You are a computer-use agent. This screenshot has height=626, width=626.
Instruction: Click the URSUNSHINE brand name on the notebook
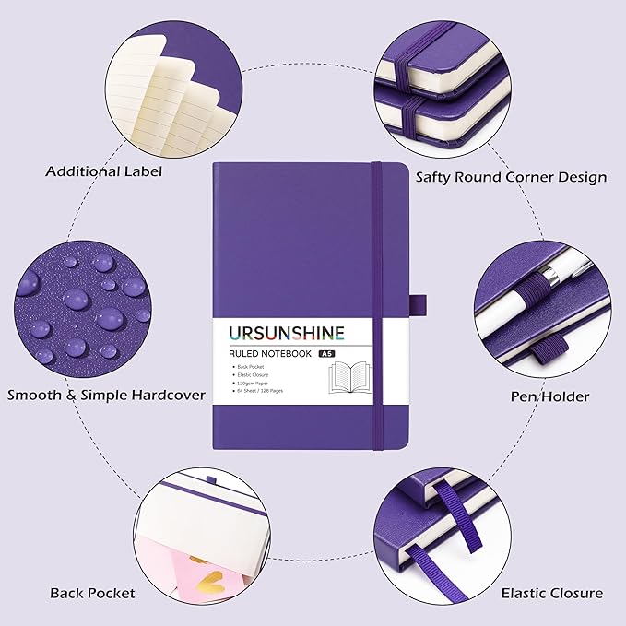(283, 332)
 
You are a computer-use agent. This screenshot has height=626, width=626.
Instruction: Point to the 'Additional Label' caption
(91, 171)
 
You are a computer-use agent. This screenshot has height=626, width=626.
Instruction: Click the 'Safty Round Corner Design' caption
(511, 176)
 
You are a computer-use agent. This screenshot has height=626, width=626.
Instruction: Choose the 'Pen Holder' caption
(537, 396)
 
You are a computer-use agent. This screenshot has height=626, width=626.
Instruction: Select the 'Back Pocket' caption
(92, 593)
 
